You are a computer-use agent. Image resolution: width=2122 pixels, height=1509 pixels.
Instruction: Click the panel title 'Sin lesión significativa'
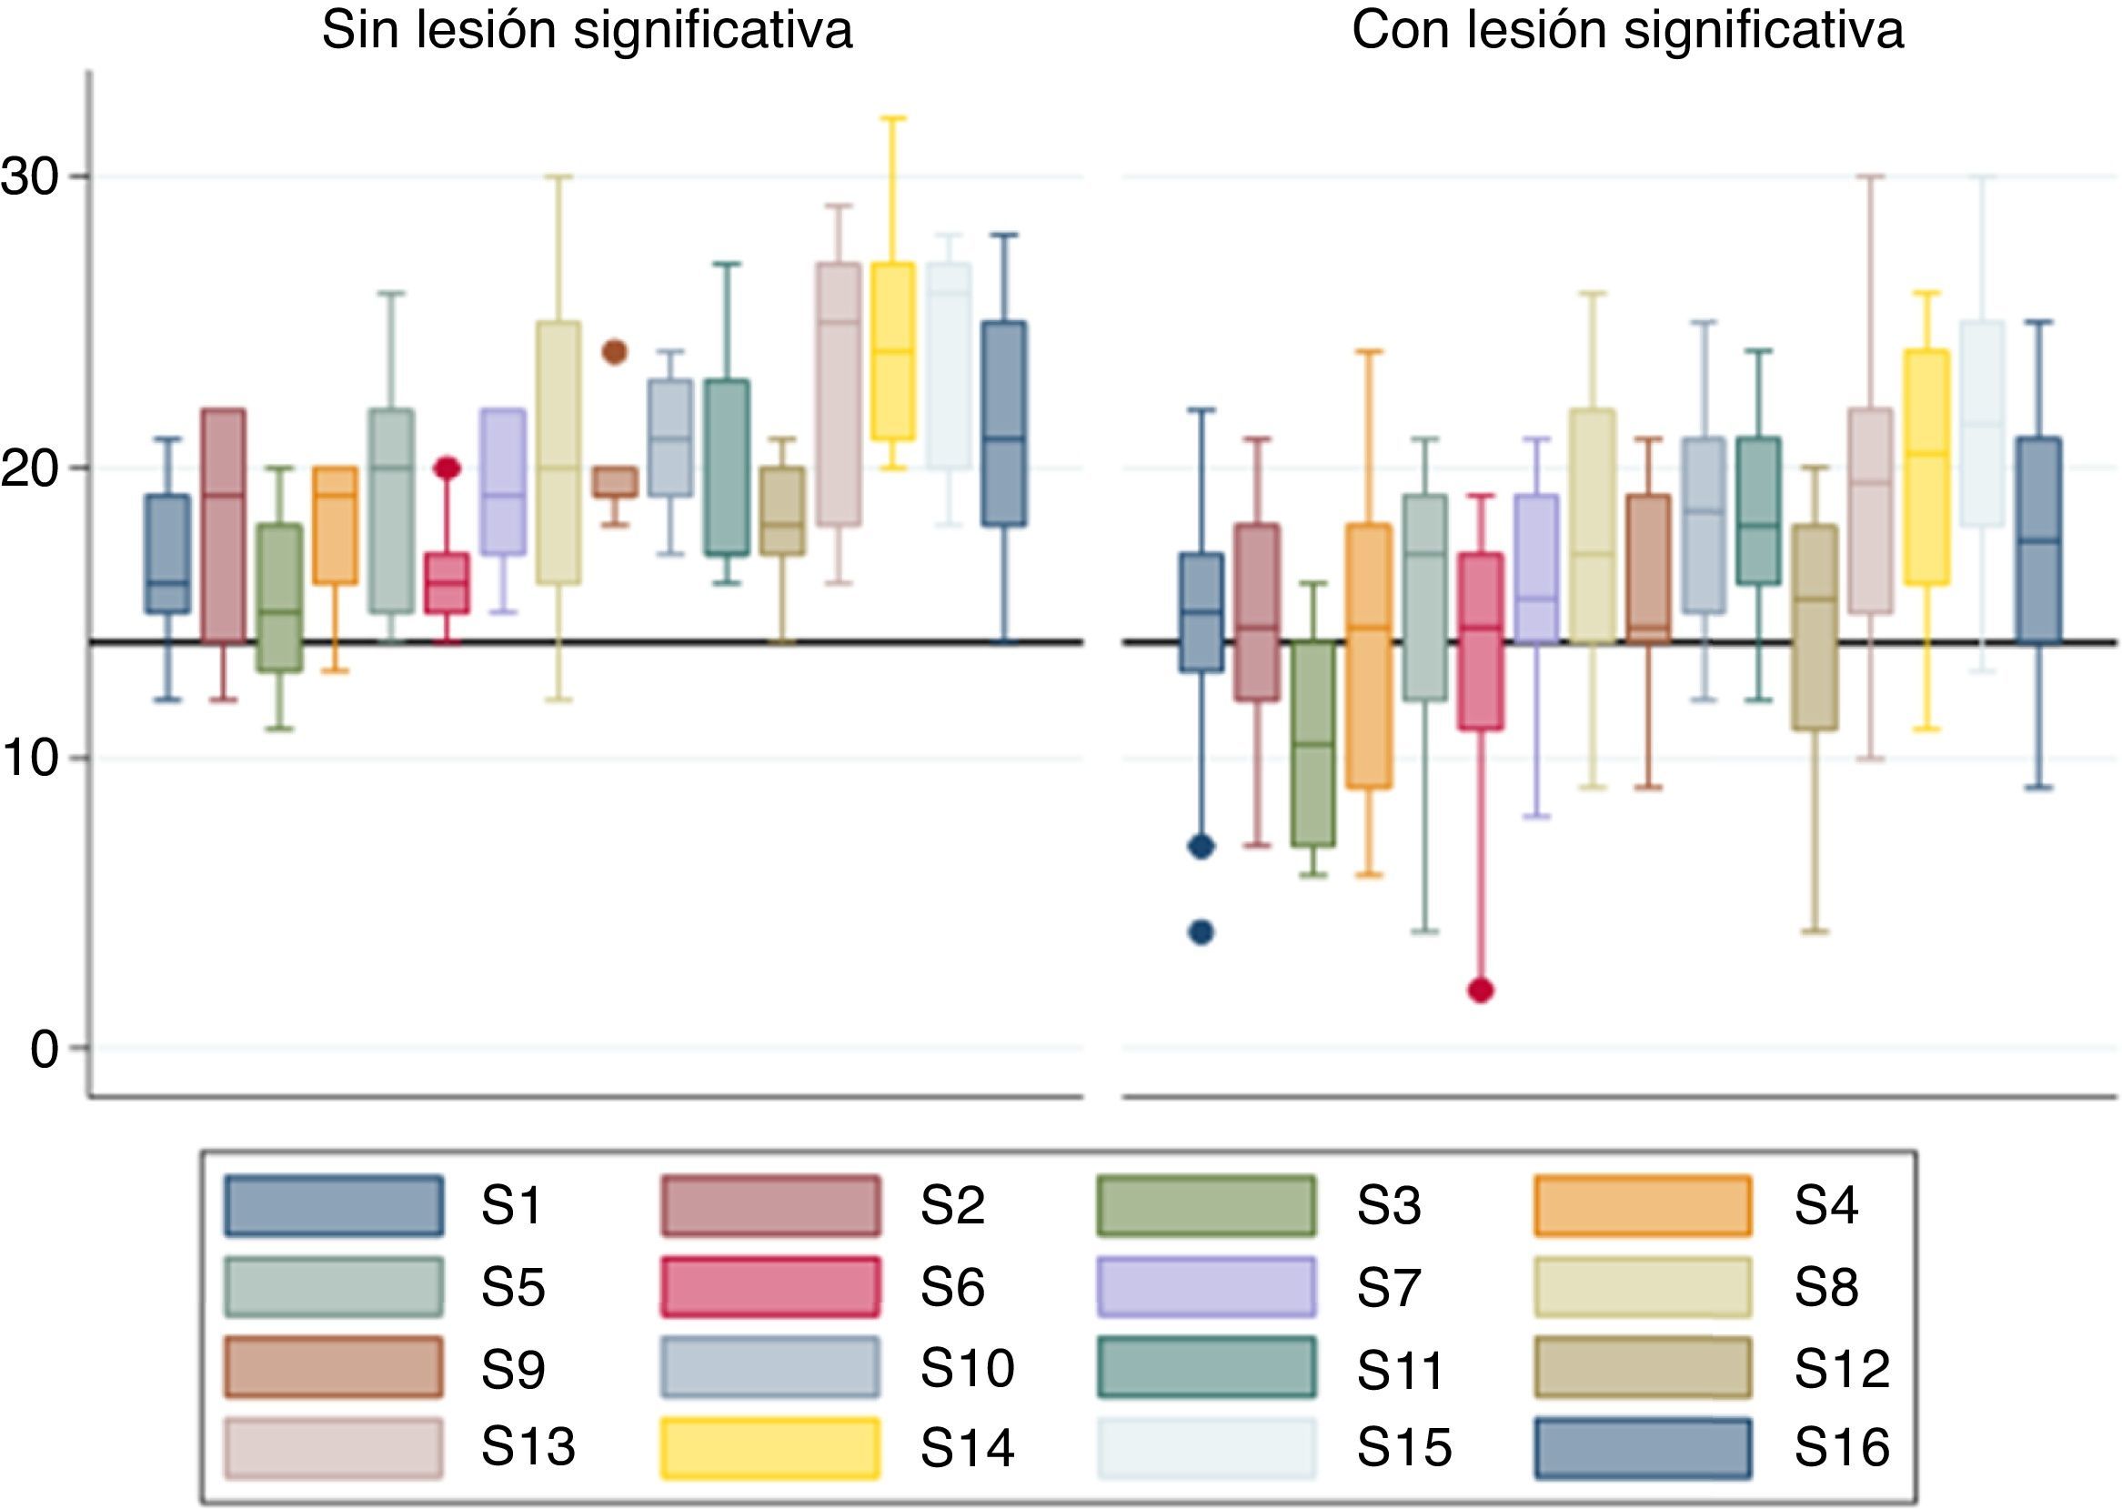587,31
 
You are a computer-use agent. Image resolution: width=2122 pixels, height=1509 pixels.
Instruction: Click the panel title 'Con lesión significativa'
1628,31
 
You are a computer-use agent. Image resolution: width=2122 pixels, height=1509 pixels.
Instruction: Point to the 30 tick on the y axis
32,176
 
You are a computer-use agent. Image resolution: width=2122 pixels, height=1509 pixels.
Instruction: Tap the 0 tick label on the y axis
43,1049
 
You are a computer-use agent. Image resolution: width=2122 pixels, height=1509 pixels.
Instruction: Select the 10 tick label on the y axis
32,759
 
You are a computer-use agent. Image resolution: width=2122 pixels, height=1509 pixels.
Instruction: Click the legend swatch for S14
769,1448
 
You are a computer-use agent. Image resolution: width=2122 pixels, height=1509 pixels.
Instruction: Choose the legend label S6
952,1288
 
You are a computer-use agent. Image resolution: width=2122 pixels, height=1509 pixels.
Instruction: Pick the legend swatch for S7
1206,1288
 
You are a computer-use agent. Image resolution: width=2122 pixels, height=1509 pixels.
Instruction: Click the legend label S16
1842,1448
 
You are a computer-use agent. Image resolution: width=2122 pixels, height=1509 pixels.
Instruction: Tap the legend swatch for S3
1206,1206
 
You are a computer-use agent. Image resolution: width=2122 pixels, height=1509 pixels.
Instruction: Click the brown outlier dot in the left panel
615,352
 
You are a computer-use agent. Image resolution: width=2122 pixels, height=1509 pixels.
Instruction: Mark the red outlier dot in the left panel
447,468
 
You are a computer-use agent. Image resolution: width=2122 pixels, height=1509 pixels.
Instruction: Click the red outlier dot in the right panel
1481,991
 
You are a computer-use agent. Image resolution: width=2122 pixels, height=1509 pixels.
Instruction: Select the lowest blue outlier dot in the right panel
1202,933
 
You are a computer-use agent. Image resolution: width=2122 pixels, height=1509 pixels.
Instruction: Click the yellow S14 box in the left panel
893,351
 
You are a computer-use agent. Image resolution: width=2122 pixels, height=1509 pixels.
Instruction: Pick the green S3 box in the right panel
1312,743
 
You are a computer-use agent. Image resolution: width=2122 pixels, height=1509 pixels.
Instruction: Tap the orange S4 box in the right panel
1370,656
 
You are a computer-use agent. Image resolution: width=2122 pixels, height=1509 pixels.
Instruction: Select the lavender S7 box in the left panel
503,481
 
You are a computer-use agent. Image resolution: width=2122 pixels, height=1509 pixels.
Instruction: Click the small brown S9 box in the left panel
615,481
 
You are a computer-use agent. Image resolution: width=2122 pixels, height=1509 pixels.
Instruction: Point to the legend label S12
1842,1368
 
